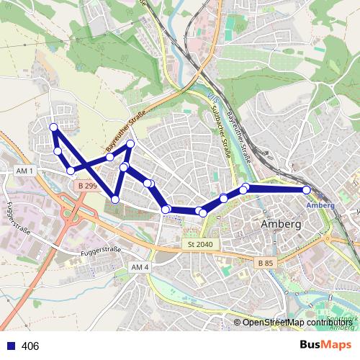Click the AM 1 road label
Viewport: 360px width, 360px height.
coord(24,170)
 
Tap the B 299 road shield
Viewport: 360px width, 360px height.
coord(87,186)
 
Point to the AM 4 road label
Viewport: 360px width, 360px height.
coord(140,267)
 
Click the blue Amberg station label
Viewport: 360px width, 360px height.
coord(320,205)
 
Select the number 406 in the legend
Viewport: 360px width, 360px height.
coord(30,346)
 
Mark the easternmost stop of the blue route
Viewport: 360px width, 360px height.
coord(307,189)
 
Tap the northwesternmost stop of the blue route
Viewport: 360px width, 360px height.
coord(53,127)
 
